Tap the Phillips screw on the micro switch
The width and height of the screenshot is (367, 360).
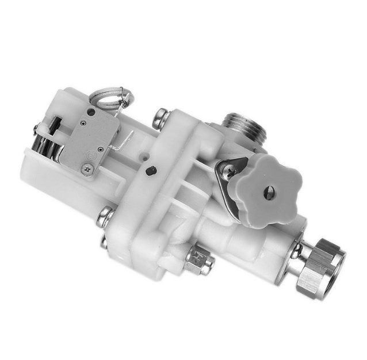(x=86, y=168)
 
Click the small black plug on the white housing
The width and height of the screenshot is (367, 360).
(x=151, y=171)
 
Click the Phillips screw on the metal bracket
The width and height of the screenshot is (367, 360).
(x=227, y=168)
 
